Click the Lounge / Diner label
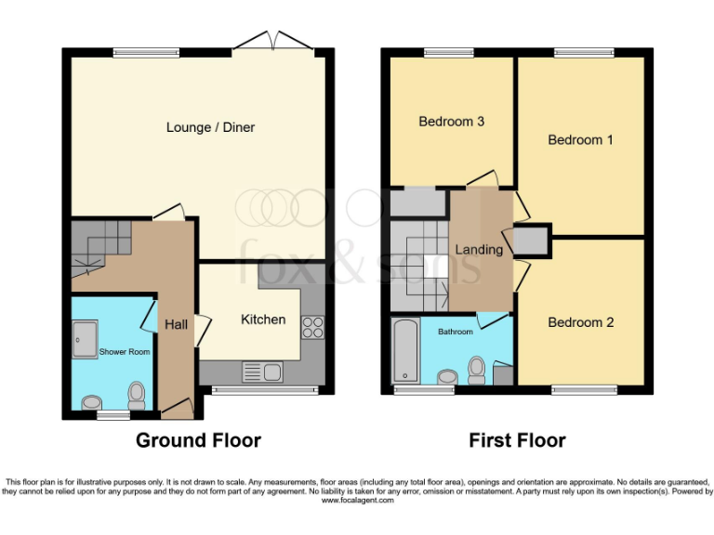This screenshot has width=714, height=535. [210, 127]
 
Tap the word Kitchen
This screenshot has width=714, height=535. [263, 320]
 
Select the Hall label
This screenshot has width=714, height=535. [176, 325]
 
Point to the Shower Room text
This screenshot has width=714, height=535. [125, 352]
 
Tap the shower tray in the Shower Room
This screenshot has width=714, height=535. [84, 339]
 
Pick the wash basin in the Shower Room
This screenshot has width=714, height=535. [92, 403]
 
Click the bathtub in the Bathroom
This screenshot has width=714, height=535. [405, 351]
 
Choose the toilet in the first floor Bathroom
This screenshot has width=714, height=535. [477, 370]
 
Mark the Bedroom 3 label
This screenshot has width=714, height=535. [451, 122]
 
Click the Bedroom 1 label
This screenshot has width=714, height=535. [580, 140]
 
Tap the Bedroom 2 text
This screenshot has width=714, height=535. [580, 322]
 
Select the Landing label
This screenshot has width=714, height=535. [479, 250]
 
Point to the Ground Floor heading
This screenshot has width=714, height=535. [198, 440]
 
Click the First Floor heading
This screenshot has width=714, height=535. [517, 440]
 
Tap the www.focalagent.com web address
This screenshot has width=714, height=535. [357, 501]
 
